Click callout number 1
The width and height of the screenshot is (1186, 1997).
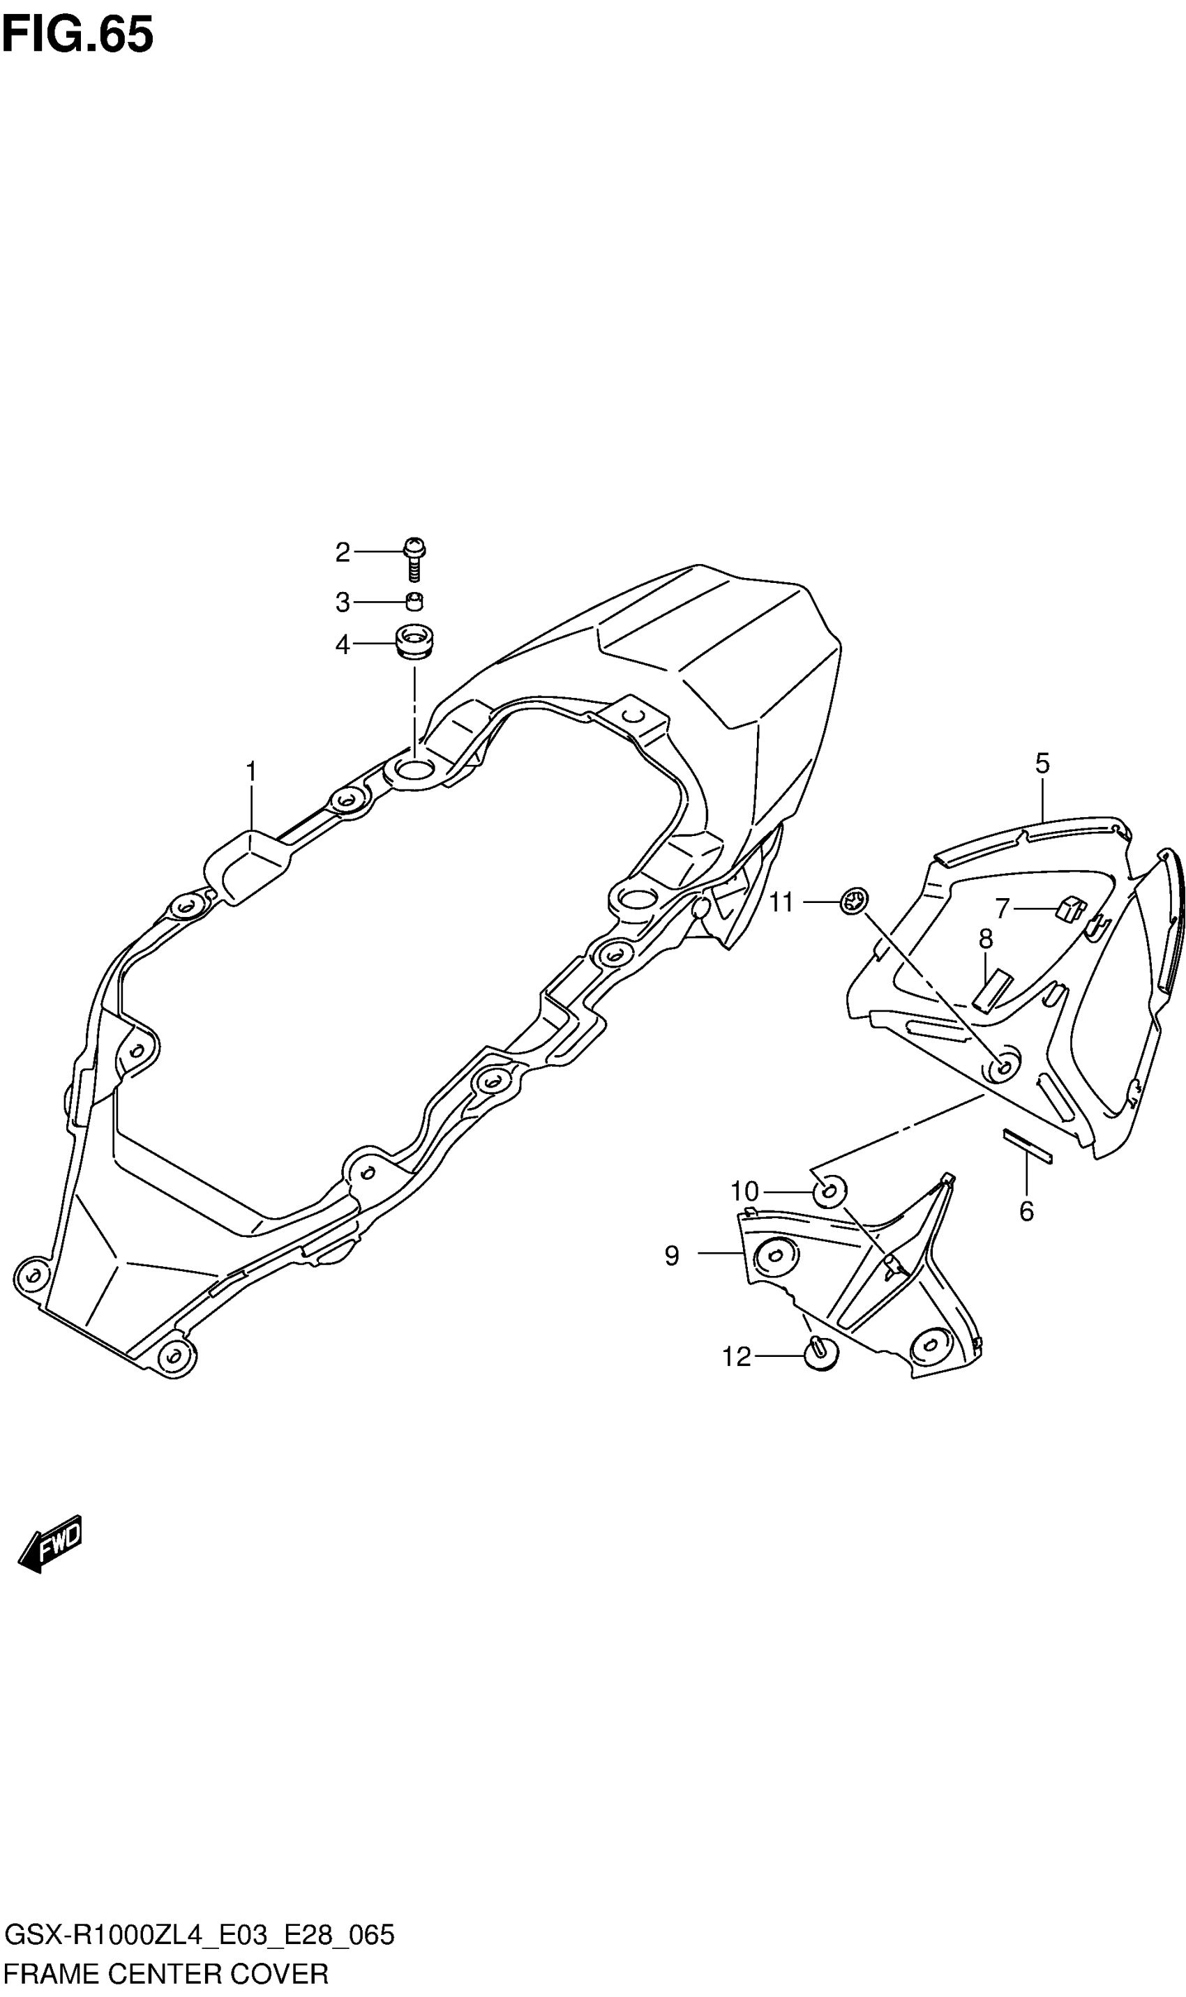click(x=251, y=773)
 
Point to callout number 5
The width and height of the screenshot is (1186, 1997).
click(x=1042, y=764)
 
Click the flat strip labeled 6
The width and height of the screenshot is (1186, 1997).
click(x=1028, y=1147)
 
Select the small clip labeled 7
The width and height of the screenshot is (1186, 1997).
click(x=1071, y=909)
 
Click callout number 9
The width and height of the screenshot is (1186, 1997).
click(x=671, y=1256)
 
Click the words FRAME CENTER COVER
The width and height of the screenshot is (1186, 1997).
click(x=166, y=1974)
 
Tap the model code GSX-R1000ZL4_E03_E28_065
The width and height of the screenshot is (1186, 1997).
click(x=199, y=1935)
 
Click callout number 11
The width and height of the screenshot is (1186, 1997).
click(x=781, y=903)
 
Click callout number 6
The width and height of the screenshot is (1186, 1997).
click(x=1026, y=1212)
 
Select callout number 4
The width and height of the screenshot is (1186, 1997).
click(x=342, y=644)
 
